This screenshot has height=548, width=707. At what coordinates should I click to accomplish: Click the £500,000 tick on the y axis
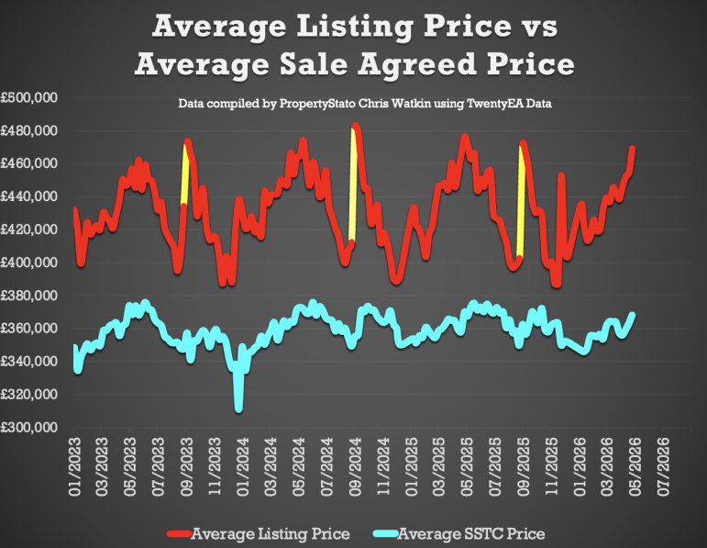coord(29,97)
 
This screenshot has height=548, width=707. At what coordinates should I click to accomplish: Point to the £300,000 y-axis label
coord(29,427)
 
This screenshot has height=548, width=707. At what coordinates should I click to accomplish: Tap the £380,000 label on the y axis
coord(29,296)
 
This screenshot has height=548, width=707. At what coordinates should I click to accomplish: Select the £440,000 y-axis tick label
coord(29,196)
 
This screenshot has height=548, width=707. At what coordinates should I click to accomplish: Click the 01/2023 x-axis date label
coord(75,466)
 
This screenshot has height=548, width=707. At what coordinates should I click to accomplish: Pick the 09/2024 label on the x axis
coord(356,466)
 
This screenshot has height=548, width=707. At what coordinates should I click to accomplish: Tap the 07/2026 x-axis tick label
coord(664,466)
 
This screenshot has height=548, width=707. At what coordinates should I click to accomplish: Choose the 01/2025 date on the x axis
coord(412,466)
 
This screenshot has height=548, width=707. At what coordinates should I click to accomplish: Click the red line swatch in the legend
coord(180,534)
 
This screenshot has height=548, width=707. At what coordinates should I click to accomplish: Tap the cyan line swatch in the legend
coord(386,534)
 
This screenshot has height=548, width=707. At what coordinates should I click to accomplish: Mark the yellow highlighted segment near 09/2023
coord(184,175)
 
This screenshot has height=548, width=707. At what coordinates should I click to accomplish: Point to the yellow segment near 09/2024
coord(353,185)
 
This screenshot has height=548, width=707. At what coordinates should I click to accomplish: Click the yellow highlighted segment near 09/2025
coord(521,202)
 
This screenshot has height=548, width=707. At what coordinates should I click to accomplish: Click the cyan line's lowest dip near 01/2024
coord(239,409)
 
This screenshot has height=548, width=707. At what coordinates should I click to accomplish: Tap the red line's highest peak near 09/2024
coord(355,126)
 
